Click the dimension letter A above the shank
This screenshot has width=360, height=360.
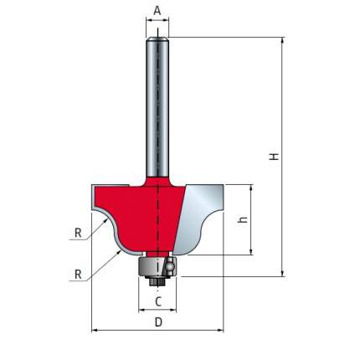(x=157, y=11)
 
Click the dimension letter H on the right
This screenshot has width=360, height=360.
(x=275, y=157)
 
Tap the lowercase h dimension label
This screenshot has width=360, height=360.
(x=243, y=219)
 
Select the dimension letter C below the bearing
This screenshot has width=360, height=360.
(x=158, y=301)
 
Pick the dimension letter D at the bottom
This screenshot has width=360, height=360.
(x=158, y=322)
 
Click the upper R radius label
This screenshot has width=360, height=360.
(x=78, y=233)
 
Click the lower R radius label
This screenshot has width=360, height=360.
(x=78, y=275)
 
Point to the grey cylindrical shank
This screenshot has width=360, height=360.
(x=157, y=107)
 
